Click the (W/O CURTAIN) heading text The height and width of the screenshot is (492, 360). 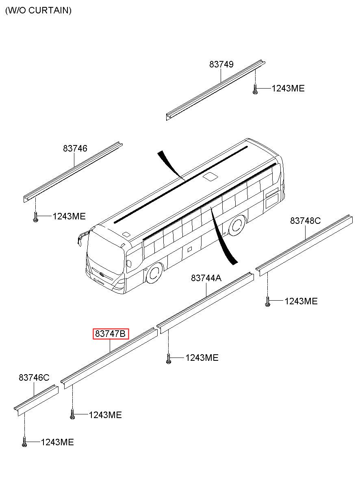pyautogui.click(x=38, y=11)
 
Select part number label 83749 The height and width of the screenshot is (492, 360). pyautogui.click(x=221, y=64)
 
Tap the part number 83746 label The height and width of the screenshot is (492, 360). pyautogui.click(x=75, y=149)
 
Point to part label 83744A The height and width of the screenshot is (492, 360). pyautogui.click(x=206, y=278)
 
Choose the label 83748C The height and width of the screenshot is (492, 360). pyautogui.click(x=305, y=221)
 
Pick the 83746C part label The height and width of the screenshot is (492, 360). pyautogui.click(x=34, y=378)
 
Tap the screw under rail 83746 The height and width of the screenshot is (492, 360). pyautogui.click(x=35, y=218)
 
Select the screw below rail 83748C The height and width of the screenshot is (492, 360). pyautogui.click(x=267, y=301)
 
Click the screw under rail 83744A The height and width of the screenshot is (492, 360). pyautogui.click(x=168, y=358)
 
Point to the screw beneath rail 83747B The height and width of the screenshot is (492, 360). pyautogui.click(x=72, y=415)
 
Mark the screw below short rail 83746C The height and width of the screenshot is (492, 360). pyautogui.click(x=24, y=442)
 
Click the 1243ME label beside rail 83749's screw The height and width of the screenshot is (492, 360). pyautogui.click(x=288, y=89)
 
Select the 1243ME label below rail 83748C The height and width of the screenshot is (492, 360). pyautogui.click(x=301, y=301)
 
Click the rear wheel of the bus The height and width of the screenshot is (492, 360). pyautogui.click(x=236, y=226)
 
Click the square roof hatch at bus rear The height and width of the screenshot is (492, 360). pyautogui.click(x=210, y=176)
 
